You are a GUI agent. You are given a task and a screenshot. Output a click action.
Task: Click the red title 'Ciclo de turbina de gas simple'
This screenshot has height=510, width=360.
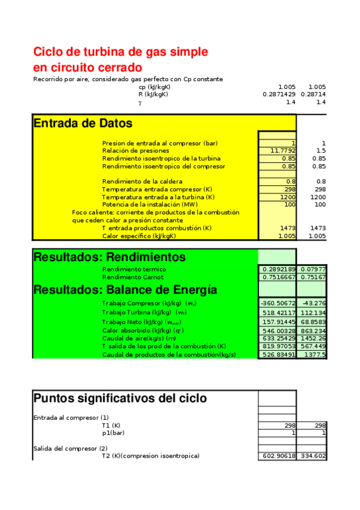click(120, 52)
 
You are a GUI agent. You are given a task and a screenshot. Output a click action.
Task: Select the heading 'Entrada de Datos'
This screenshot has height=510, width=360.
click(83, 123)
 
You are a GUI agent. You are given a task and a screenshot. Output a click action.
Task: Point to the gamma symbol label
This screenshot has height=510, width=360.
click(140, 102)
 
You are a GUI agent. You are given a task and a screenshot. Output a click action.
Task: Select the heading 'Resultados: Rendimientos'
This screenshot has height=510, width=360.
click(109, 257)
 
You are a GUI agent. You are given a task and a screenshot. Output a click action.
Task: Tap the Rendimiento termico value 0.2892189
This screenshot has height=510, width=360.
click(277, 269)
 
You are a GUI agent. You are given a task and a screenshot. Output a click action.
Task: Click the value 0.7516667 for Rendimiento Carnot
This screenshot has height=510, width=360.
click(277, 277)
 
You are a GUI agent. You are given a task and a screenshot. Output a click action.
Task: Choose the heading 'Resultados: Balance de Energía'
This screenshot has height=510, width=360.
click(125, 289)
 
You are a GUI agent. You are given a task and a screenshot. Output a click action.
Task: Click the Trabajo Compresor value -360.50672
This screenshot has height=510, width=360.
click(277, 303)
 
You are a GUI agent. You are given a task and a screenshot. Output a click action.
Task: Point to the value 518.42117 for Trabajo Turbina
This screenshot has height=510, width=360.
click(277, 313)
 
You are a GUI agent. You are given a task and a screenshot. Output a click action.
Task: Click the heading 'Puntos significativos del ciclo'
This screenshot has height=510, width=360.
click(120, 398)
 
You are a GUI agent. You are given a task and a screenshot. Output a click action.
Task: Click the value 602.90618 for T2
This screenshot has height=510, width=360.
click(277, 456)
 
